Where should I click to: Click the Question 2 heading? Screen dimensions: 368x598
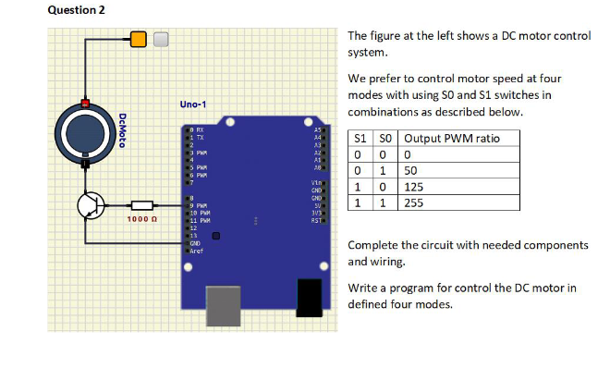pos(31,9)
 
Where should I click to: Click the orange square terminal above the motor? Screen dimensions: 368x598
pos(139,39)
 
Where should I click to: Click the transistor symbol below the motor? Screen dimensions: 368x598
pos(91,205)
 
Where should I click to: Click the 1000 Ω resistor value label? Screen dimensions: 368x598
pos(142,220)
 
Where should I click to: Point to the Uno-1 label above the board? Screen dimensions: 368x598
pos(193,104)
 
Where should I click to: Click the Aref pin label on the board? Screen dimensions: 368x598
pos(197,250)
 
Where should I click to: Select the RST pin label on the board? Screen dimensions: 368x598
pos(317,221)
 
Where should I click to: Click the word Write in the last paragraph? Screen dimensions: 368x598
pos(363,288)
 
